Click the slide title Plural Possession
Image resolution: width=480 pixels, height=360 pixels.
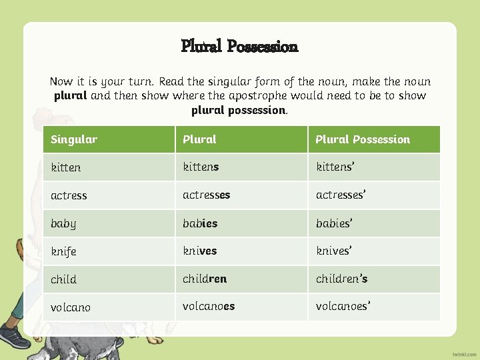(239, 46)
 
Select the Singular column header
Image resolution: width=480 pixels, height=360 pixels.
(74, 139)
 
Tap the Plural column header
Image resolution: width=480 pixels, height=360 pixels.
(199, 139)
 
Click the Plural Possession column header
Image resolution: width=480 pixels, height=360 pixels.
(362, 139)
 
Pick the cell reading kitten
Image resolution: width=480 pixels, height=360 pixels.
(65, 167)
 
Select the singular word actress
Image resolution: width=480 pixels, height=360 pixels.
(69, 195)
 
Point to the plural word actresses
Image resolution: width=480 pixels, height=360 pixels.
(207, 195)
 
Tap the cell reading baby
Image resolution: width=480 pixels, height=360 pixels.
(63, 223)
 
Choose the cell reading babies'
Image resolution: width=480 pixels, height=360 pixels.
(333, 223)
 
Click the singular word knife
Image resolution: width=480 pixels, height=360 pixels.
(63, 251)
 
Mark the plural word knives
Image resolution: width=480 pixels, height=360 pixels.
(200, 251)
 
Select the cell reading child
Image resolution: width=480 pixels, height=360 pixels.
(63, 279)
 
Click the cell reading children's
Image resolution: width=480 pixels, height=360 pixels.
(341, 279)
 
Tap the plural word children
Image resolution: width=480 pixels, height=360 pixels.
(205, 279)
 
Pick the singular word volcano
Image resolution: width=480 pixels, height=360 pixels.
(71, 307)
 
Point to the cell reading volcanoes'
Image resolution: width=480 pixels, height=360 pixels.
(343, 307)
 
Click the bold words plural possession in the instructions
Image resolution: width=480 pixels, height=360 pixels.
(239, 110)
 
